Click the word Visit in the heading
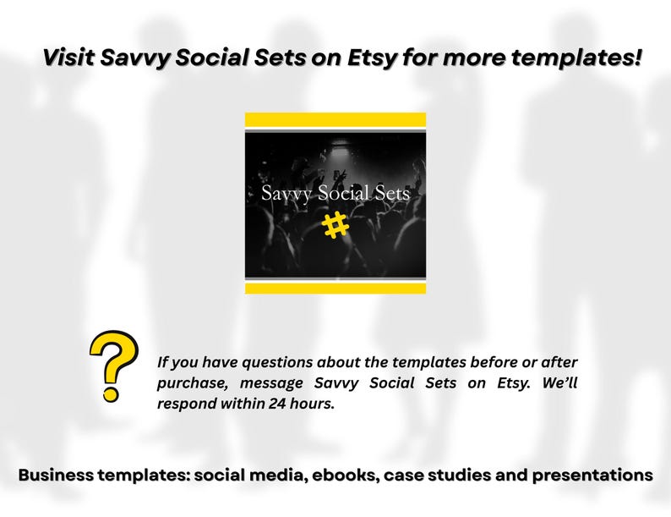tap(69, 58)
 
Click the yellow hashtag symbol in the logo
tap(335, 225)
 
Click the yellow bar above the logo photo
tap(335, 119)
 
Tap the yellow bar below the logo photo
tap(335, 288)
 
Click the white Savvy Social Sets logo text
tap(335, 194)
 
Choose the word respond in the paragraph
tap(188, 404)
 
